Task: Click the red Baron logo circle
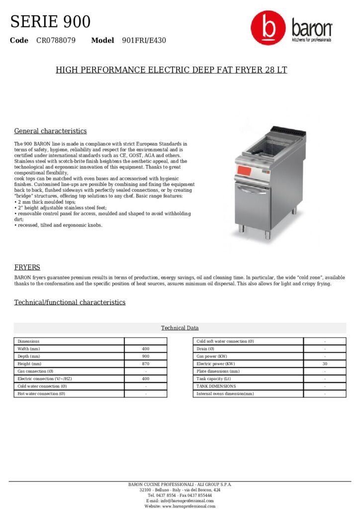268,28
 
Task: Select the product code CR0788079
56,40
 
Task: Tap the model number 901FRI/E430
144,40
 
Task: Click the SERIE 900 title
50,22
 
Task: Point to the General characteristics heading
50,131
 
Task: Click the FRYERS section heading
27,267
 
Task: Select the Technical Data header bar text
180,328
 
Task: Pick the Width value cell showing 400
146,349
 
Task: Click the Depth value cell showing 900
146,356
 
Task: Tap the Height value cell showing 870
146,364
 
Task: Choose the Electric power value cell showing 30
325,364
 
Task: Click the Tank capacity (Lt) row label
214,379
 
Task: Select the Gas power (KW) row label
212,356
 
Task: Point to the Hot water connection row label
42,394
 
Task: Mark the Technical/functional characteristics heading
70,302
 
